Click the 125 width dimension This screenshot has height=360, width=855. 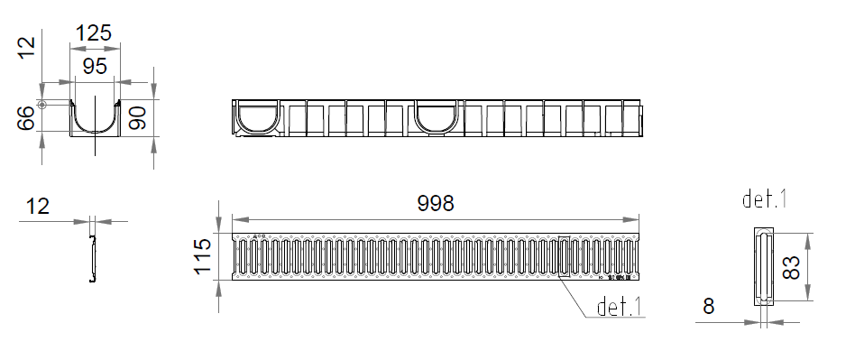[93, 33]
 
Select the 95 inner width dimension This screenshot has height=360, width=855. [95, 67]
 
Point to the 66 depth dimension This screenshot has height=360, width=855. [25, 118]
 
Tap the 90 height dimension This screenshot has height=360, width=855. [137, 118]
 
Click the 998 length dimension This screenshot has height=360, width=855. [435, 203]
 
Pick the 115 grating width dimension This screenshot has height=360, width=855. [202, 256]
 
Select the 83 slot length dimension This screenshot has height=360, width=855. [791, 267]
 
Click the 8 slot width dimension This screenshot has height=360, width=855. [708, 307]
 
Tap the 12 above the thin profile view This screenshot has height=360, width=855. [38, 207]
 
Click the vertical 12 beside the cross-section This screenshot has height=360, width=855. [26, 48]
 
